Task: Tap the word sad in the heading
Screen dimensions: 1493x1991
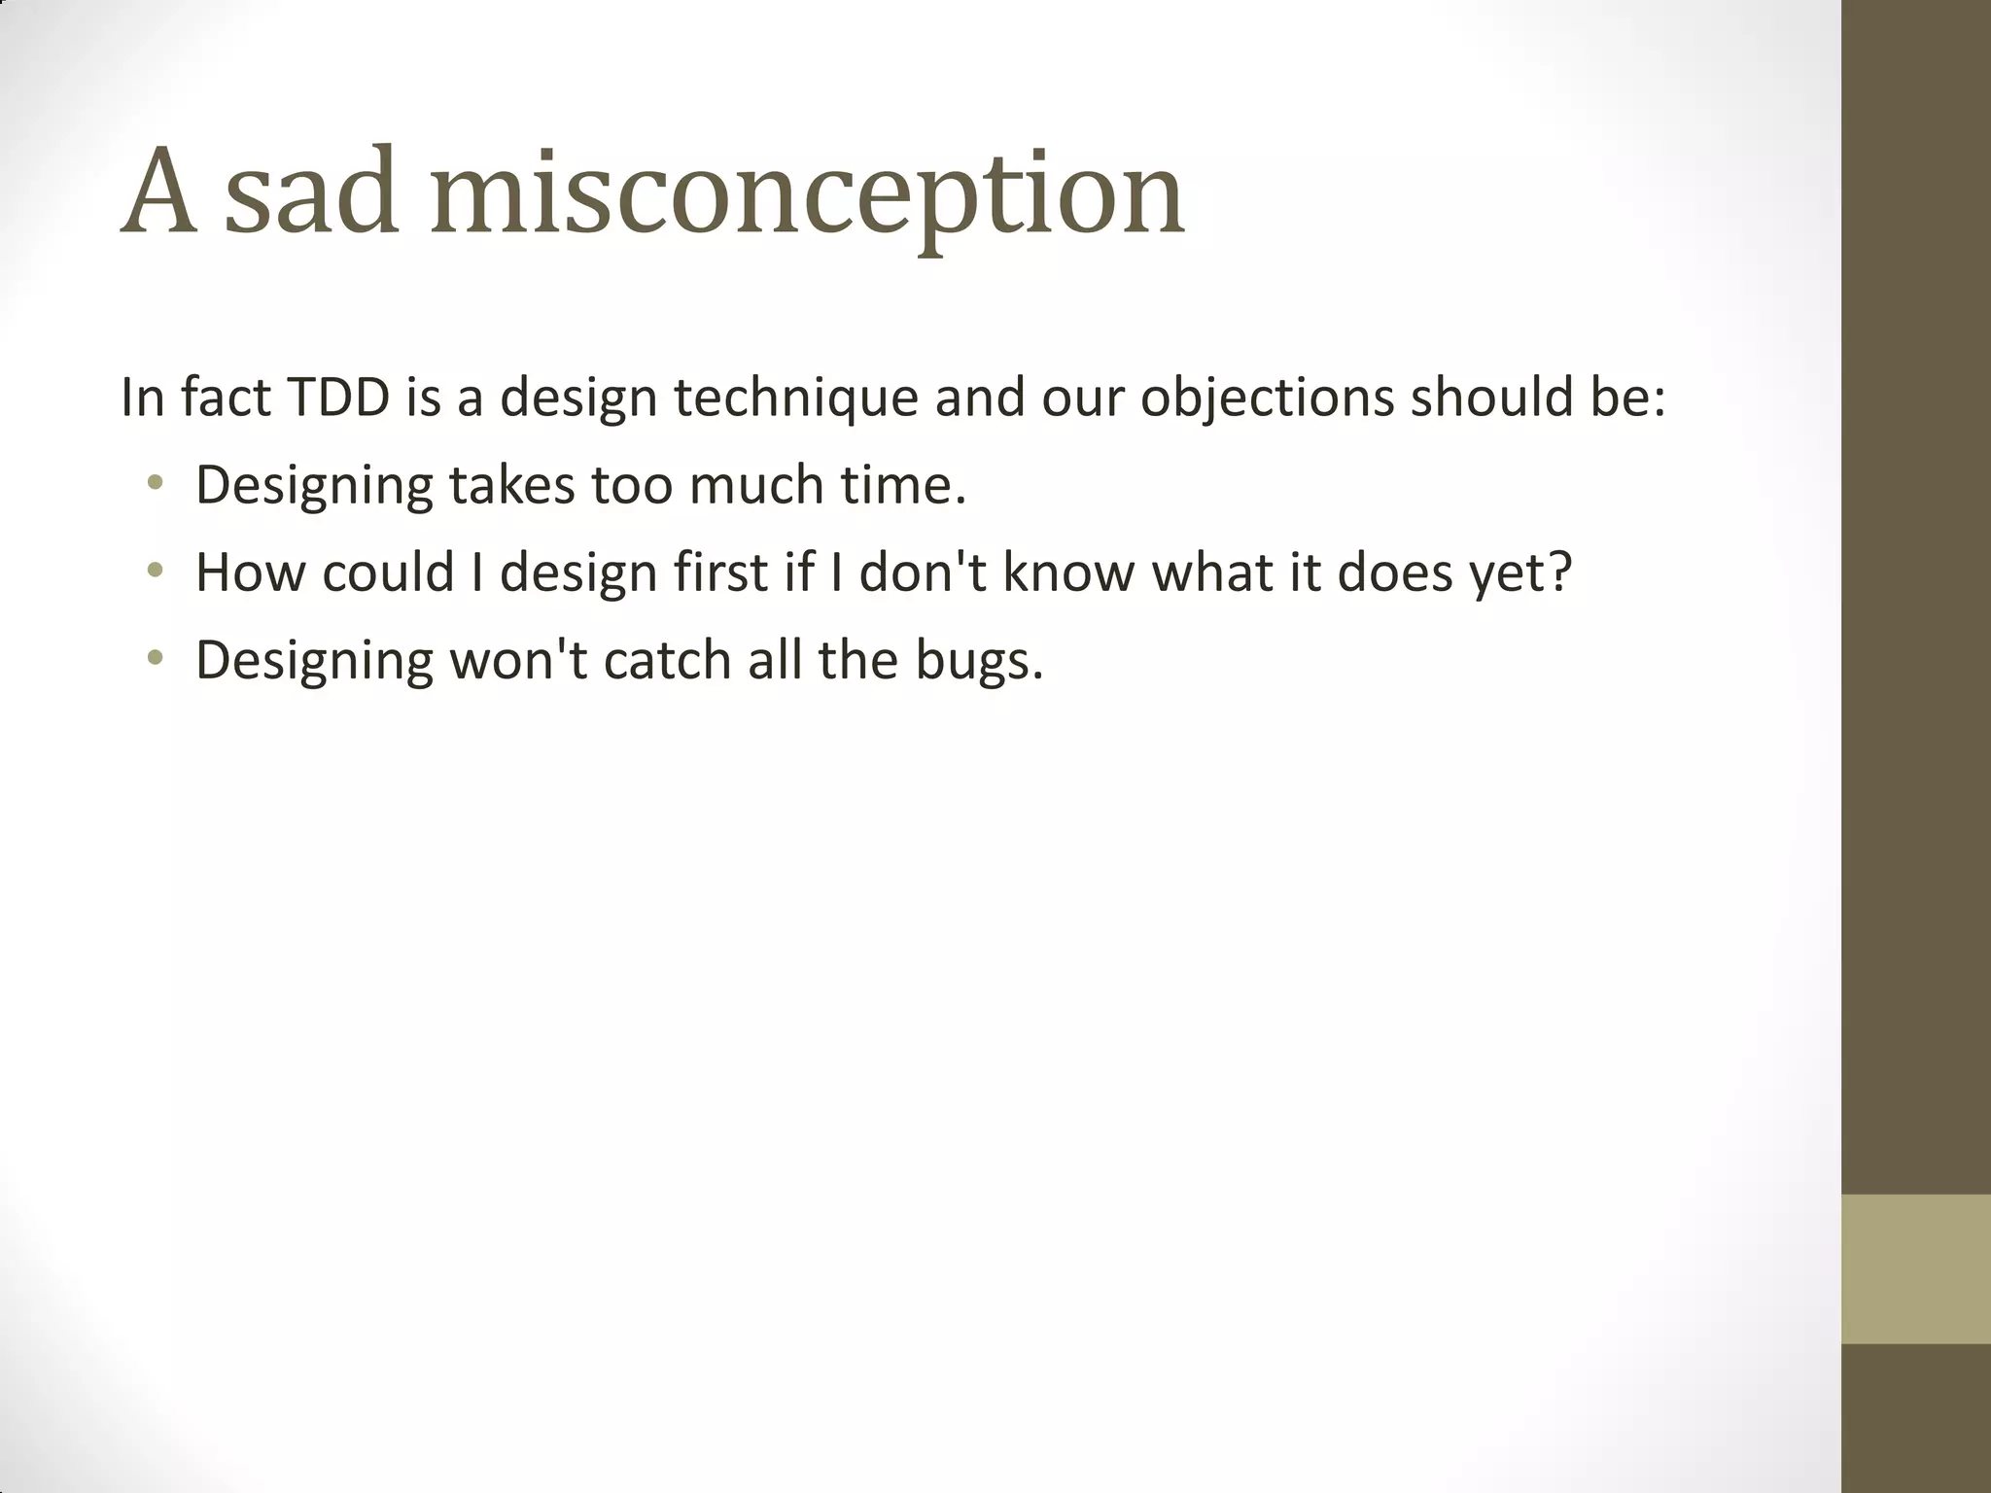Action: click(x=311, y=194)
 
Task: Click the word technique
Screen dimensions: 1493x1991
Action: click(x=796, y=399)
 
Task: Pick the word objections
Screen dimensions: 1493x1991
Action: click(x=1268, y=399)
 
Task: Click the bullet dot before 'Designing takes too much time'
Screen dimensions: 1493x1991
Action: click(x=155, y=482)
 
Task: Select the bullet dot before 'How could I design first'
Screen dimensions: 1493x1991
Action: click(x=155, y=571)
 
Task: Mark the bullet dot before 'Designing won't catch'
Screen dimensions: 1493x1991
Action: click(x=155, y=658)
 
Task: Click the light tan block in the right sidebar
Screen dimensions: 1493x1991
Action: click(x=1916, y=1268)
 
